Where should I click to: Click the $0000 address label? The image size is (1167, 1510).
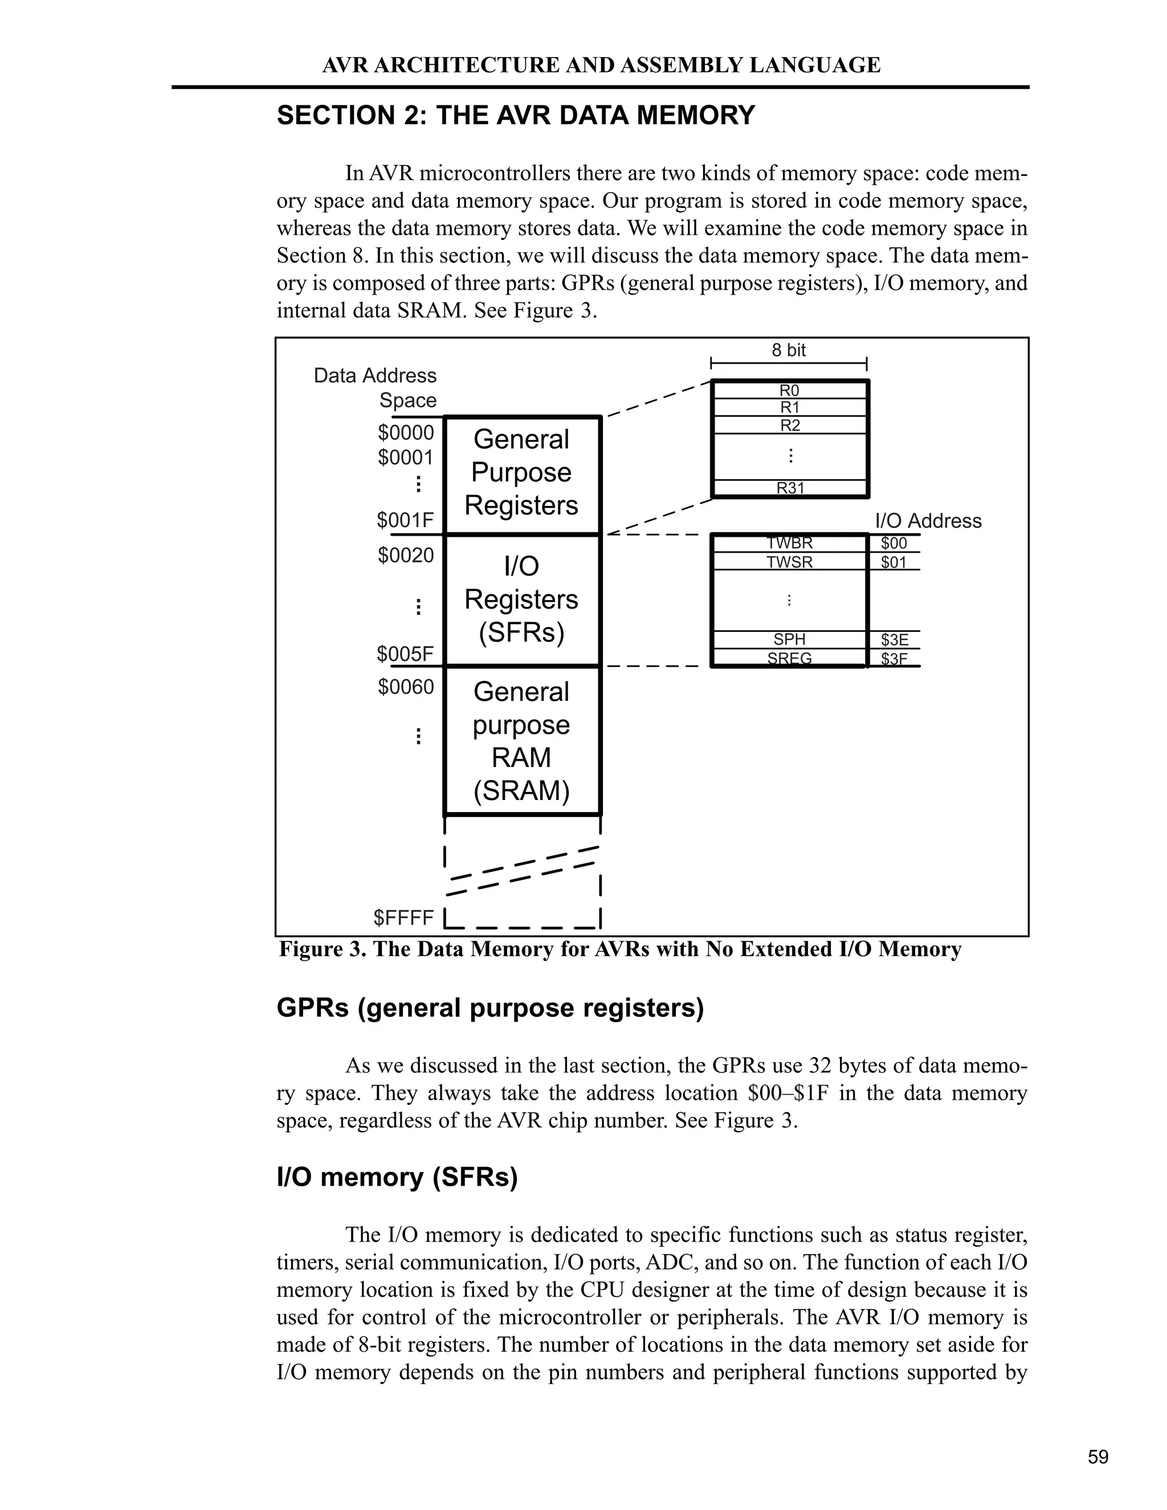pos(406,433)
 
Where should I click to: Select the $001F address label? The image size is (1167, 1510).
pos(405,520)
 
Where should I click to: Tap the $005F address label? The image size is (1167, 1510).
pos(405,654)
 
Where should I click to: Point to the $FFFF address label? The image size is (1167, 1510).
pos(404,918)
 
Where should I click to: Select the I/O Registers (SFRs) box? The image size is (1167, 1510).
pos(521,599)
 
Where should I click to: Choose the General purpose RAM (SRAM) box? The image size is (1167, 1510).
pos(521,741)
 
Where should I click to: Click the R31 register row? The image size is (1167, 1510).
pos(790,488)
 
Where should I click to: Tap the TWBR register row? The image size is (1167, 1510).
pos(790,544)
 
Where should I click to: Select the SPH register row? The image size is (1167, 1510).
pos(790,639)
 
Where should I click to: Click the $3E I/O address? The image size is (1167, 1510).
pos(895,639)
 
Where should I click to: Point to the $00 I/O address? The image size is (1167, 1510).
pos(894,544)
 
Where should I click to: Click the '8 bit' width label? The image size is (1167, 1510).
pos(789,350)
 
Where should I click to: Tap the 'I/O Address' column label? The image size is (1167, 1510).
pos(928,521)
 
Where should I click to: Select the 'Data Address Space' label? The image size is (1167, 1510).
pos(376,388)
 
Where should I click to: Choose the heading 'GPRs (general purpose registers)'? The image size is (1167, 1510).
pos(490,1008)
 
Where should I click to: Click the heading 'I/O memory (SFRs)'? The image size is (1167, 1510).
pos(397,1177)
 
